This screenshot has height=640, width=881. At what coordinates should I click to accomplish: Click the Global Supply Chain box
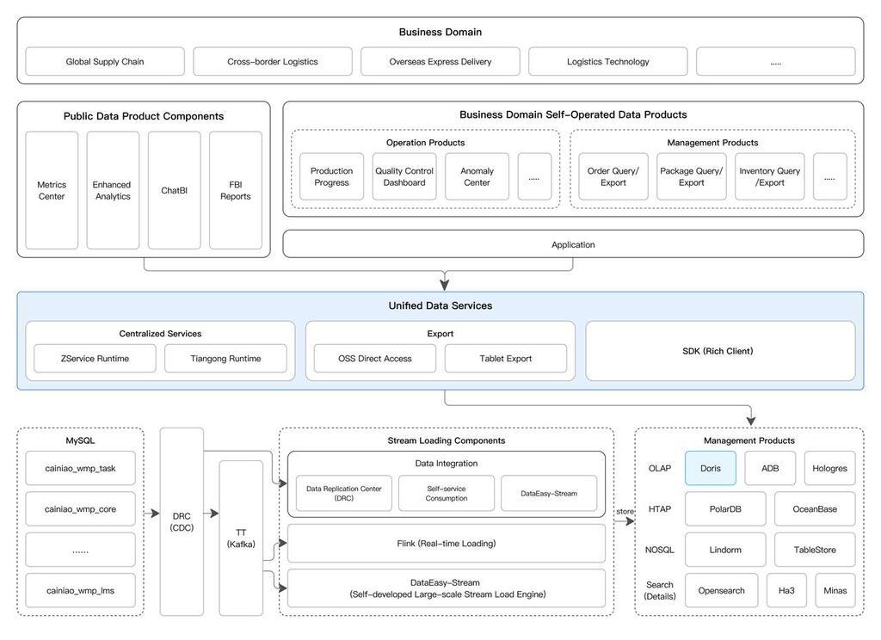click(x=105, y=61)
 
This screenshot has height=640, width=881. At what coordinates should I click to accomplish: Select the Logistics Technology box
click(x=608, y=61)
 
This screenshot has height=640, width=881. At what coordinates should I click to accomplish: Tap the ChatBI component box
click(x=174, y=190)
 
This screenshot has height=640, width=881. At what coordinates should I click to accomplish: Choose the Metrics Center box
click(x=52, y=190)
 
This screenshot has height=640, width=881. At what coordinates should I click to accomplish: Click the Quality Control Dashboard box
click(x=404, y=176)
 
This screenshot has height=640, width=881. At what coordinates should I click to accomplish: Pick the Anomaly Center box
click(x=477, y=176)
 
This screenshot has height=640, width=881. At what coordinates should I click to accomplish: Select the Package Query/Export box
click(x=691, y=176)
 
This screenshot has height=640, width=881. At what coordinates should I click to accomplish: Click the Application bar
click(x=573, y=244)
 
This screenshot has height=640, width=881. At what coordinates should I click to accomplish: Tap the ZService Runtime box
click(x=95, y=359)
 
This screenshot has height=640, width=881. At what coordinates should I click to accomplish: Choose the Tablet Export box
click(x=506, y=359)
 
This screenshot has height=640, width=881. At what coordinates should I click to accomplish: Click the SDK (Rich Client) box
click(x=720, y=351)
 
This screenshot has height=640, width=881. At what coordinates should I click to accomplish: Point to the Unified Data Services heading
click(x=440, y=305)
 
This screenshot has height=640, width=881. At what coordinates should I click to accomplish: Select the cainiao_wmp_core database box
click(x=80, y=509)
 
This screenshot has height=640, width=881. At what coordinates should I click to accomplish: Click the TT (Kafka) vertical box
click(x=241, y=538)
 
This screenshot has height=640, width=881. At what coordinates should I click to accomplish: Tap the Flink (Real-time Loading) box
click(x=447, y=544)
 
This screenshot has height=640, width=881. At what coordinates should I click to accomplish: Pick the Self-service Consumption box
click(x=447, y=494)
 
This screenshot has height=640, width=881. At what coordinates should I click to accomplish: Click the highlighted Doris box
click(x=710, y=468)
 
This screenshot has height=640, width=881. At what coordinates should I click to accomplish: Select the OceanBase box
click(x=815, y=509)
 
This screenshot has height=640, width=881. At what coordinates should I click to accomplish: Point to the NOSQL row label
click(x=660, y=550)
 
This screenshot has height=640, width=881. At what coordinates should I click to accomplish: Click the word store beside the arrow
click(x=625, y=511)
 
